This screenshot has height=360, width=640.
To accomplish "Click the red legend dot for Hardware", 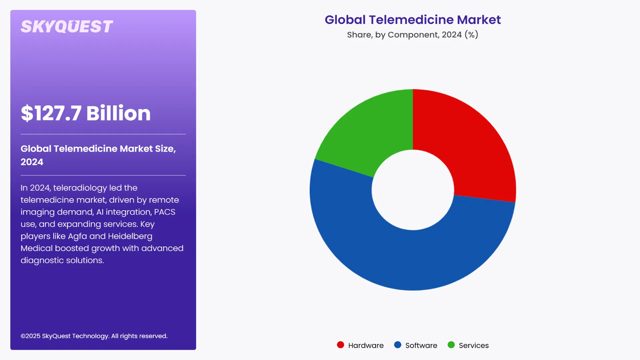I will click(340, 345).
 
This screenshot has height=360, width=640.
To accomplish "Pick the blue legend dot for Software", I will click(398, 345).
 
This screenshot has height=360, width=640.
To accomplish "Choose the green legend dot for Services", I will click(451, 345).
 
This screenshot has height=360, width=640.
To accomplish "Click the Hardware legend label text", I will click(366, 346).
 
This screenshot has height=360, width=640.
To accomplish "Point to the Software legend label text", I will click(421, 346).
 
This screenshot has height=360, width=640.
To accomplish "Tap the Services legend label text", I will click(474, 346).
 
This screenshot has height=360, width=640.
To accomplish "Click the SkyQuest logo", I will click(67, 27).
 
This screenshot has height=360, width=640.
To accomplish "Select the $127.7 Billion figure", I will click(86, 113).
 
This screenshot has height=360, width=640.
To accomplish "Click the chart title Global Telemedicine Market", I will click(413, 20).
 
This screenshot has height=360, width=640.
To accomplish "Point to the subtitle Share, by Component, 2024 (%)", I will click(413, 35).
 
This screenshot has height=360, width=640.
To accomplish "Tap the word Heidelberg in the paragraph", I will click(130, 236).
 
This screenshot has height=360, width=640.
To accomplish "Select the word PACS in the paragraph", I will click(164, 212).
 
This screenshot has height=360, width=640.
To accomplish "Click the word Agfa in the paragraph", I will click(77, 236).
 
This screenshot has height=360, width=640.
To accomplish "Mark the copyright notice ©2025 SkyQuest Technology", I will click(94, 336).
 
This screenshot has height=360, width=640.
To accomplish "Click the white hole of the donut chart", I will click(413, 190).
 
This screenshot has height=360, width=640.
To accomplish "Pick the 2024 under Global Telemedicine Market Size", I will click(32, 162).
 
